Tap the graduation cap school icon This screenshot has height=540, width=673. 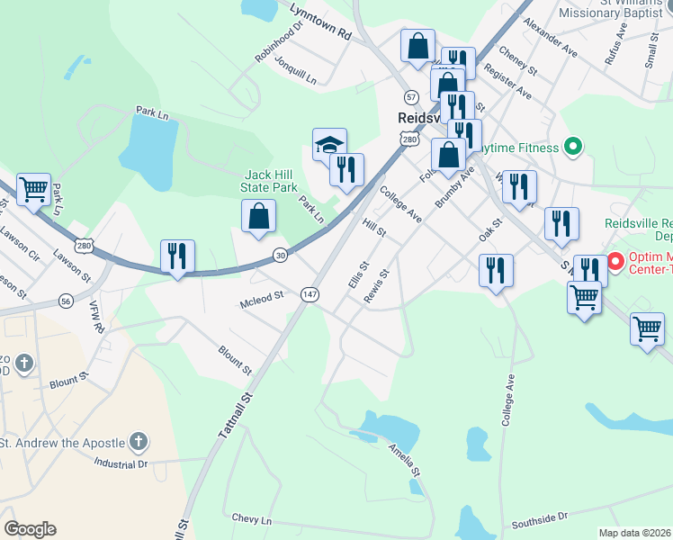pyautogui.click(x=329, y=145)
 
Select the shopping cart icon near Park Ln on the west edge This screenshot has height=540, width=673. pyautogui.click(x=33, y=190)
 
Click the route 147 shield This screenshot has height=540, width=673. pyautogui.click(x=310, y=294)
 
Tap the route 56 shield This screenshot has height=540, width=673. pyautogui.click(x=66, y=301)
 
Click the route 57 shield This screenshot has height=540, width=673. pyautogui.click(x=411, y=96)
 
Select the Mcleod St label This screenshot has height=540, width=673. pyautogui.click(x=260, y=294)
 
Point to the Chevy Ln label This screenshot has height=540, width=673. pyautogui.click(x=251, y=519)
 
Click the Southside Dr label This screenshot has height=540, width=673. pyautogui.click(x=540, y=519)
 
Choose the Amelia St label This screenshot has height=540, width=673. pyautogui.click(x=404, y=459)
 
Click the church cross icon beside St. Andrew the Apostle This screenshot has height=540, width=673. pyautogui.click(x=138, y=441)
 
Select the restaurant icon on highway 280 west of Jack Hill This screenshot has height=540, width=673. pyautogui.click(x=177, y=256)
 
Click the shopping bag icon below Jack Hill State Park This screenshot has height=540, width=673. pyautogui.click(x=258, y=216)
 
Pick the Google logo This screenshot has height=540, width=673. pyautogui.click(x=30, y=529)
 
